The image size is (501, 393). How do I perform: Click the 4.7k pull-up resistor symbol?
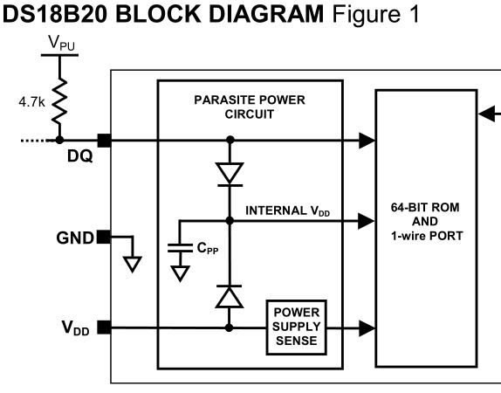pyautogui.click(x=59, y=100)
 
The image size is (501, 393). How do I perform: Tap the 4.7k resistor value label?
pyautogui.click(x=31, y=102)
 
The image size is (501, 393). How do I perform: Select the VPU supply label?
pyautogui.click(x=61, y=43)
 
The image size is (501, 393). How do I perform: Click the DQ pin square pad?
pyautogui.click(x=104, y=141)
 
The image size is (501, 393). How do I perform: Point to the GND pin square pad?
pyautogui.click(x=104, y=237)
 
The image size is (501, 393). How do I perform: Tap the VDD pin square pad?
pyautogui.click(x=104, y=327)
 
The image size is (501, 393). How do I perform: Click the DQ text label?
pyautogui.click(x=80, y=156)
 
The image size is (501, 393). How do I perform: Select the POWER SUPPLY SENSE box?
pyautogui.click(x=296, y=327)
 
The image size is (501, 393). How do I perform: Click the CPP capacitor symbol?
pyautogui.click(x=180, y=248)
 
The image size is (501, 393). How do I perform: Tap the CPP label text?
pyautogui.click(x=208, y=248)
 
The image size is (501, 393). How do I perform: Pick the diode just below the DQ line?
pyautogui.click(x=230, y=175)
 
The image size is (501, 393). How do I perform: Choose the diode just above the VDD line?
pyautogui.click(x=229, y=296)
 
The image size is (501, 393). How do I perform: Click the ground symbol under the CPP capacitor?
pyautogui.click(x=180, y=273)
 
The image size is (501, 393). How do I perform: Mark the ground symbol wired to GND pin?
pyautogui.click(x=133, y=265)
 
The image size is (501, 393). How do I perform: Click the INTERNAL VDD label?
pyautogui.click(x=287, y=211)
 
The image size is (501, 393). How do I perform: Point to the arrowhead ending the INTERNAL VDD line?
pyautogui.click(x=367, y=221)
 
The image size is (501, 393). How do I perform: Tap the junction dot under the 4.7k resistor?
pyautogui.click(x=59, y=140)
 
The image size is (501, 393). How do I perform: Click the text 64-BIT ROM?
pyautogui.click(x=425, y=208)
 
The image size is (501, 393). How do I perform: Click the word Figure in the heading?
pyautogui.click(x=366, y=15)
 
